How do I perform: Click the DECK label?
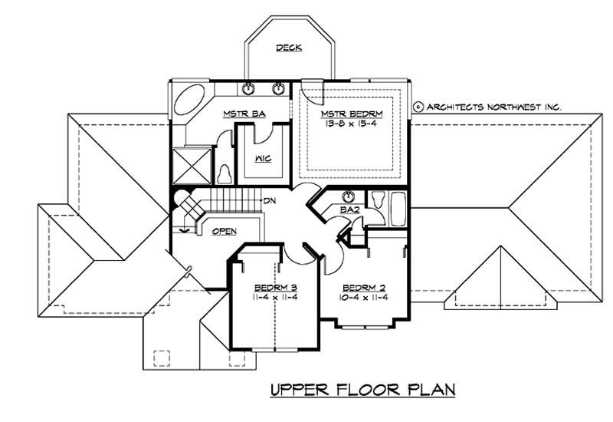(x=289, y=48)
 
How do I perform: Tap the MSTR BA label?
(x=244, y=114)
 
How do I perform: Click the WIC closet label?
(x=261, y=159)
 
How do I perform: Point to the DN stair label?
(x=269, y=201)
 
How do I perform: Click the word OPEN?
(x=224, y=231)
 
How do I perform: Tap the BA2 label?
(x=349, y=209)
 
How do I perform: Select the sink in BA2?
(x=349, y=196)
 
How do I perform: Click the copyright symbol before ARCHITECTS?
(x=418, y=107)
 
